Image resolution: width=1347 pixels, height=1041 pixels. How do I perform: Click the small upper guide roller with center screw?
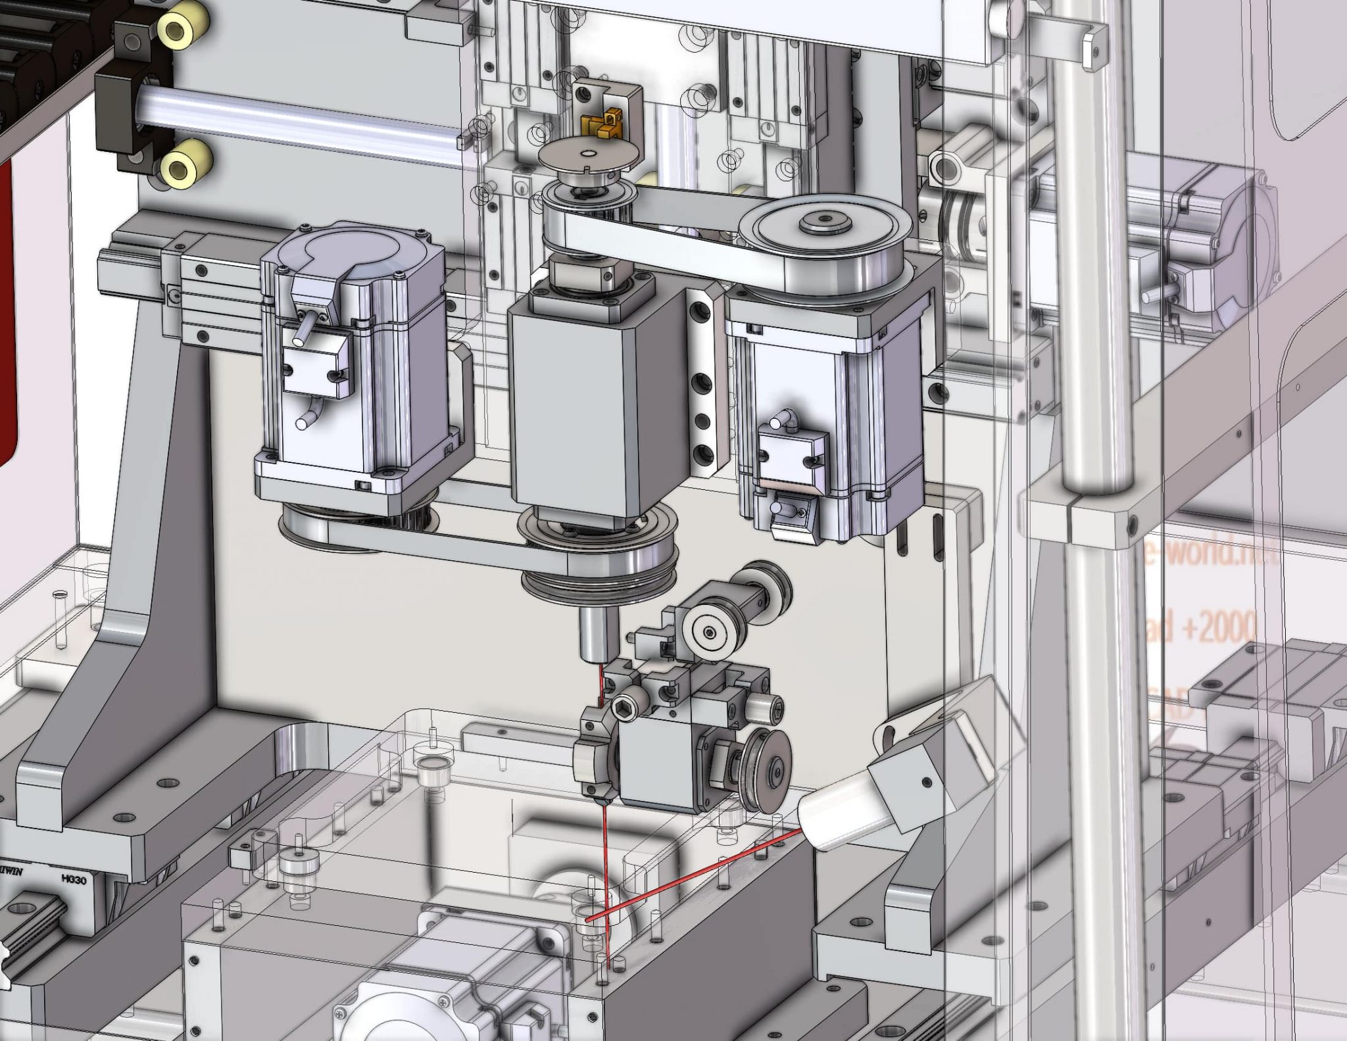708,632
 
